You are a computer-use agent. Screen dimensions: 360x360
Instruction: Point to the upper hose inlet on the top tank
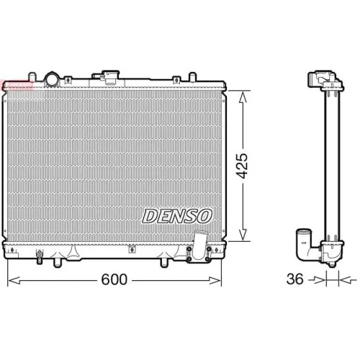pos(110,76)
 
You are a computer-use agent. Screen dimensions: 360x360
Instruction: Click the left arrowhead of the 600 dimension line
pos(11,279)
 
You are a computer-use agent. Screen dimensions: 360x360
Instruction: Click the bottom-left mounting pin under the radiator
pos(55,262)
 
